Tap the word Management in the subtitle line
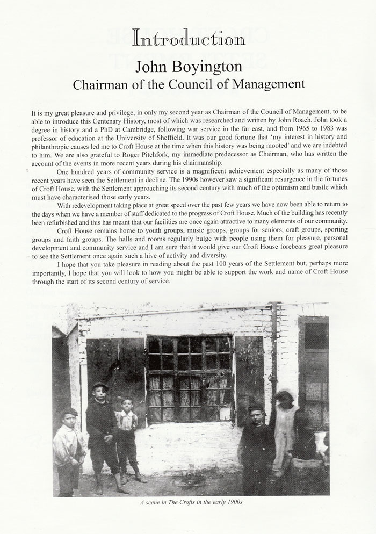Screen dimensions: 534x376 (265, 84)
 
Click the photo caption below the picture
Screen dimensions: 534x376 (187, 503)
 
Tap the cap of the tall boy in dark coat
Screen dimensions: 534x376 (100, 386)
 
